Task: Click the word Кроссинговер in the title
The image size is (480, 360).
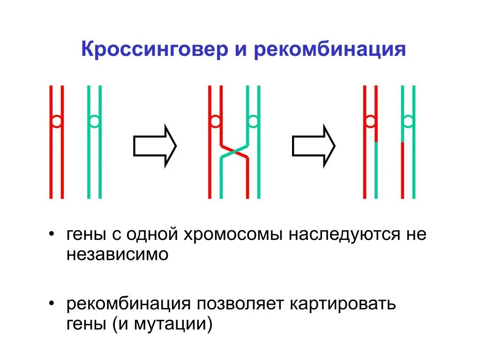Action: point(152,49)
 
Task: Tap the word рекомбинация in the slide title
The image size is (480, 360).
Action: point(329,49)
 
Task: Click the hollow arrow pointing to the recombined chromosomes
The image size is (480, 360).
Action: point(314,145)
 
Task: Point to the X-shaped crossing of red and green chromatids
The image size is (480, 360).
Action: point(234,151)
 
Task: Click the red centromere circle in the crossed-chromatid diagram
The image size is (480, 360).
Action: point(215,122)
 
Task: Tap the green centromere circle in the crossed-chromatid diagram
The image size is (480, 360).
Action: point(253,122)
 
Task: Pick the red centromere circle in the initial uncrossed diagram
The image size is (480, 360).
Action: point(56,122)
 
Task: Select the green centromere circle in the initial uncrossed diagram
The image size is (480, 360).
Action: point(94,122)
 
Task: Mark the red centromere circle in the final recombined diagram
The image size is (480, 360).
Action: point(370,122)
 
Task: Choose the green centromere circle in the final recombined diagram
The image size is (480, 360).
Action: point(408,122)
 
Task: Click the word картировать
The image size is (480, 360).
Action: point(343,304)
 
